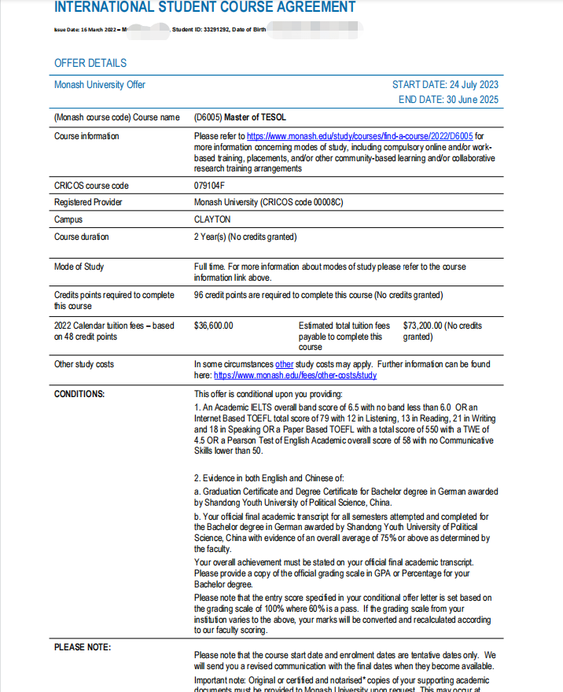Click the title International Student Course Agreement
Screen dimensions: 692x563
[204, 8]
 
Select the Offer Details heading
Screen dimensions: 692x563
[90, 63]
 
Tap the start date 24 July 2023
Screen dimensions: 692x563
[445, 85]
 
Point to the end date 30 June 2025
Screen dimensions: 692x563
[448, 100]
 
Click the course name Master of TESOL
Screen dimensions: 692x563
[252, 118]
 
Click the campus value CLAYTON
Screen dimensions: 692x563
[212, 219]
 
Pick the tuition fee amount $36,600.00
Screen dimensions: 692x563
[213, 325]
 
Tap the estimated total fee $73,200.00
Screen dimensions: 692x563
[423, 325]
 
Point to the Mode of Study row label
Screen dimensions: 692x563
[79, 267]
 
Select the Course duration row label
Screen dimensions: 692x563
[82, 237]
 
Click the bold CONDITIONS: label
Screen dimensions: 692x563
[79, 394]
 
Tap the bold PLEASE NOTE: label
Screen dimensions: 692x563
[83, 647]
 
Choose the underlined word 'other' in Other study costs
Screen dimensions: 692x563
[284, 365]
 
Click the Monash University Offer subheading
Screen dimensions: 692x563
[100, 85]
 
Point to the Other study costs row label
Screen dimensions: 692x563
[84, 365]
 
